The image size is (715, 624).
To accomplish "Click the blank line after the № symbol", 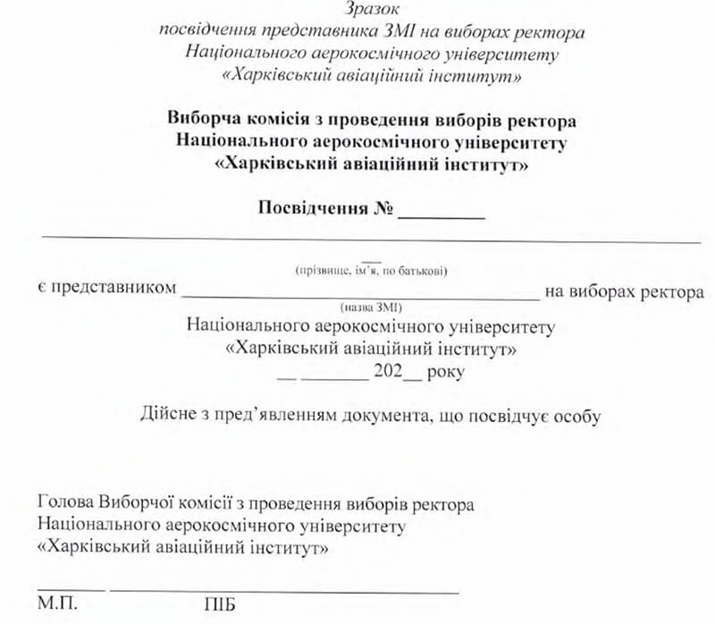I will [442, 217].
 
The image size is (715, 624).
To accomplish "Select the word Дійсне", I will [166, 416].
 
